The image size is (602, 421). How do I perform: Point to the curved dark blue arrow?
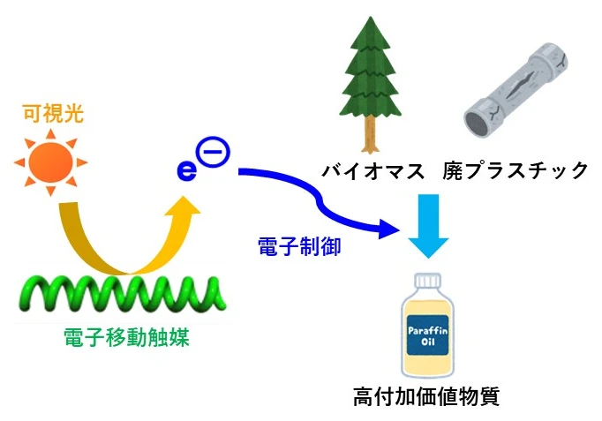click(x=318, y=199)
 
